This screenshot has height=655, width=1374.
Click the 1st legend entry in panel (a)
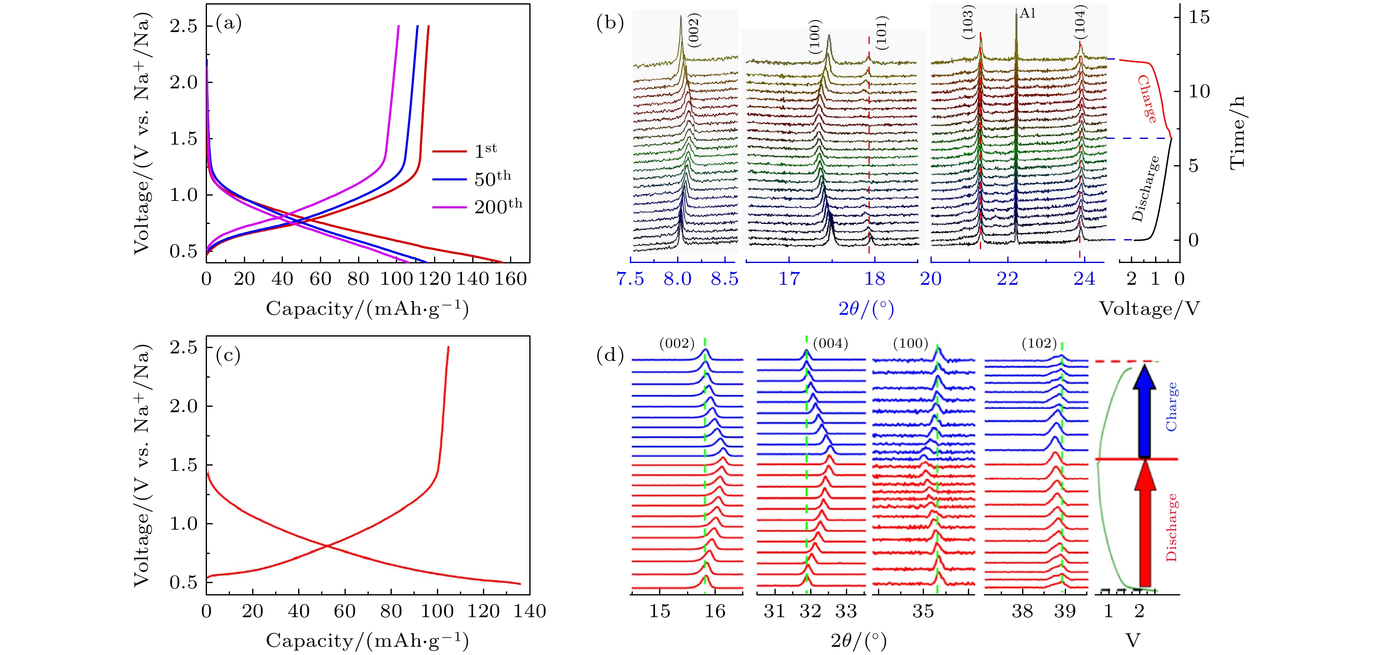485,150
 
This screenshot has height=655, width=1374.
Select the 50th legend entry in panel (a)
492,178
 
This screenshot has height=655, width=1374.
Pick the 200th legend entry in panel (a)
498,206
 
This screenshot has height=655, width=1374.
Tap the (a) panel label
228,23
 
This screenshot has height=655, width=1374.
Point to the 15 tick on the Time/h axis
1199,17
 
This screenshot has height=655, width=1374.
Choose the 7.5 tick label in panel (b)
630,279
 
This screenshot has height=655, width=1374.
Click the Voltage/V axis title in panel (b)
1149,309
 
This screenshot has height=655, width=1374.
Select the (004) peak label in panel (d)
830,343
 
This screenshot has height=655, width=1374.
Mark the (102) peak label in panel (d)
1039,343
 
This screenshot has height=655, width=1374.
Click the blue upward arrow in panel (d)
1144,411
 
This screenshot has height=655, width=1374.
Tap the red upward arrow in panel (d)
1144,526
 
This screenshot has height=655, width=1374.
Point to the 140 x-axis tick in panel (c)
530,611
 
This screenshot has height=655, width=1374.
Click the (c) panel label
228,355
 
